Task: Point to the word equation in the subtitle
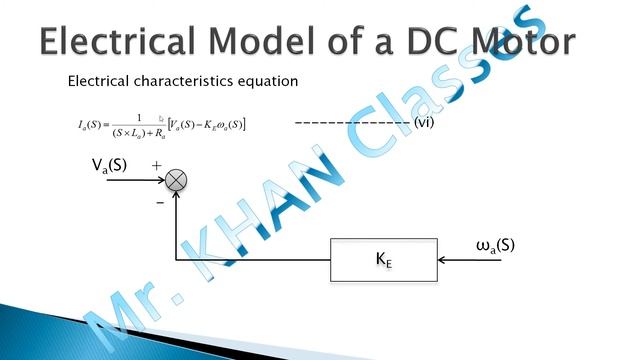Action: [x=269, y=80]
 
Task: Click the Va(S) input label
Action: [x=109, y=166]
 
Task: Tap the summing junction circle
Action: [x=176, y=180]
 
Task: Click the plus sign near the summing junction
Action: [x=156, y=163]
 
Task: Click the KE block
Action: [x=383, y=260]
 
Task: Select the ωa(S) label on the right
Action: [x=496, y=244]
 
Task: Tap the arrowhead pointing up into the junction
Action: [x=176, y=197]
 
